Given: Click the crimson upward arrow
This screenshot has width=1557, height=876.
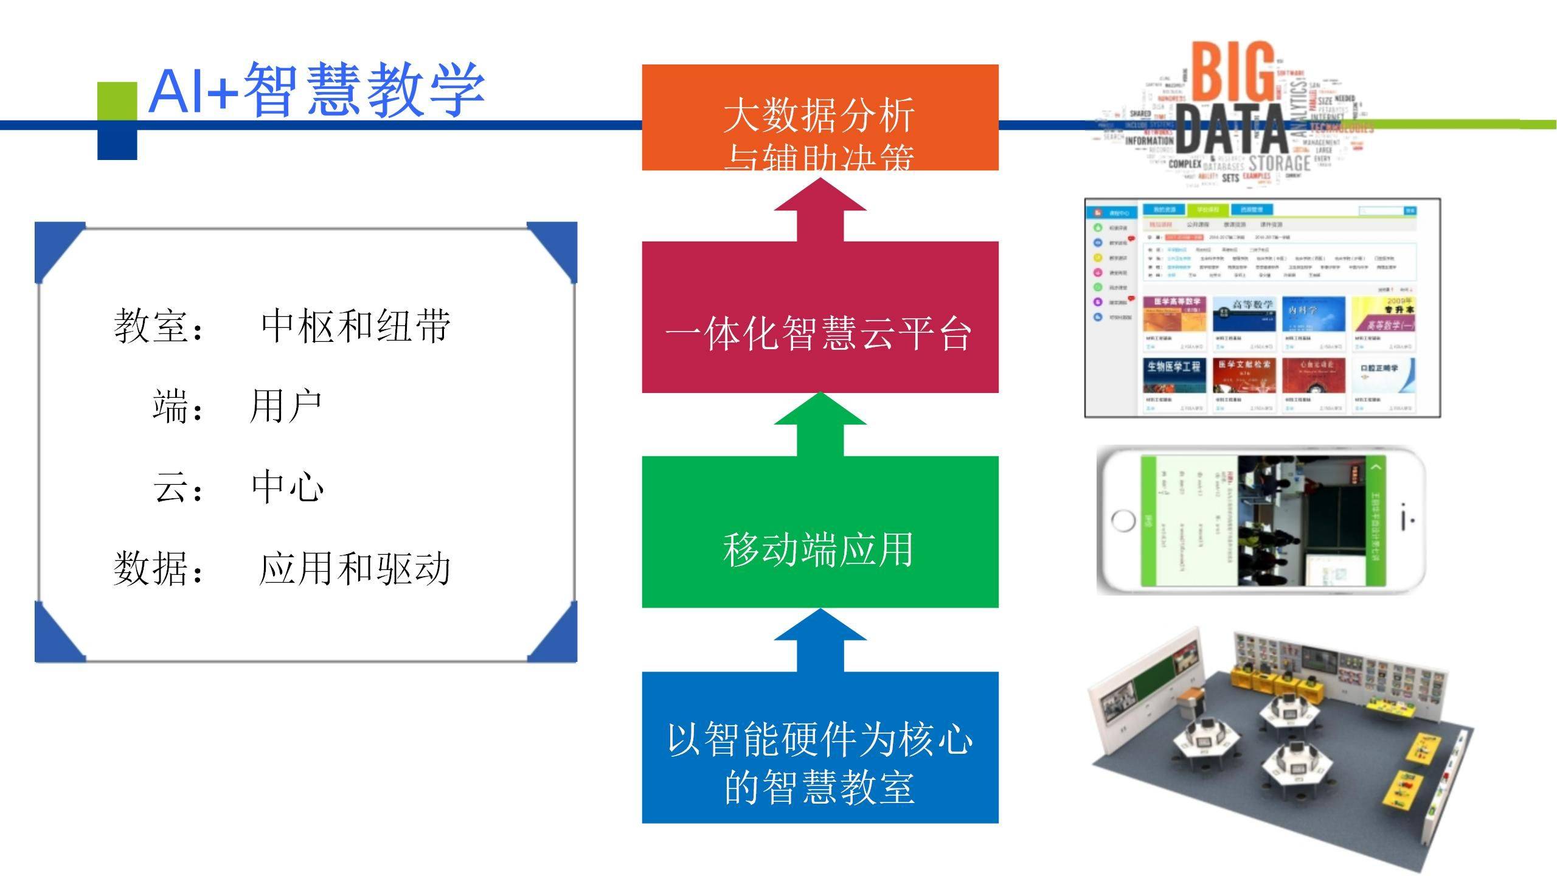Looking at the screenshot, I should click(820, 210).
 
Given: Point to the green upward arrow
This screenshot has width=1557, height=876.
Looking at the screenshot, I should click(820, 424).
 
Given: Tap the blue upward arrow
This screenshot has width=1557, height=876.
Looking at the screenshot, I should click(820, 640).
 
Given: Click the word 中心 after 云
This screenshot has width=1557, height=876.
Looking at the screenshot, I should click(287, 487).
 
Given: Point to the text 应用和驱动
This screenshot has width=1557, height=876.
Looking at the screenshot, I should click(354, 569).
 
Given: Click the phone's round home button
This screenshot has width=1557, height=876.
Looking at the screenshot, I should click(1123, 521).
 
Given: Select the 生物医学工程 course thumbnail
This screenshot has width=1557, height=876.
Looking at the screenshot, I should click(1174, 375).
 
